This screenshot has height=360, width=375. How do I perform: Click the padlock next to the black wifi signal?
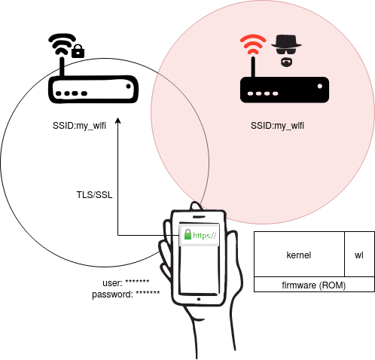click(78, 51)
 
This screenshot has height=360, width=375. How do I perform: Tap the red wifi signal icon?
click(253, 44)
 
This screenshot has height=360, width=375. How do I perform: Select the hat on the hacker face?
click(286, 41)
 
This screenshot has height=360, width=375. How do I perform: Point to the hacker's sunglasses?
click(286, 51)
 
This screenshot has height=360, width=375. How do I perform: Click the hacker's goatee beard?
click(286, 63)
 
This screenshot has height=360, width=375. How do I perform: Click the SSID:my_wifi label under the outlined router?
click(79, 126)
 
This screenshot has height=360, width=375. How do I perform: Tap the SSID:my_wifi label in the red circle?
click(277, 126)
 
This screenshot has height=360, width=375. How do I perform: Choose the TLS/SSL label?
click(94, 195)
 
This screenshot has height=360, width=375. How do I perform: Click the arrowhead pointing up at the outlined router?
click(118, 121)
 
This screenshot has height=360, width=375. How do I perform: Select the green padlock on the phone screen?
click(187, 234)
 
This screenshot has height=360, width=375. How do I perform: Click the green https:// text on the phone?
click(205, 236)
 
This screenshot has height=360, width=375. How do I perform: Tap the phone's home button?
click(199, 299)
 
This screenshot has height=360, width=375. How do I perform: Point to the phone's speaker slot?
click(199, 216)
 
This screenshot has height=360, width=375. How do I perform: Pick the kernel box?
click(299, 254)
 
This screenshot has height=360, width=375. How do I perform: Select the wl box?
click(359, 254)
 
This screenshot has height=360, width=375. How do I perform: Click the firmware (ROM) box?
click(314, 285)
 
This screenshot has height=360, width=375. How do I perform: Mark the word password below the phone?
click(112, 294)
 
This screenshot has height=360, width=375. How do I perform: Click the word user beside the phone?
click(112, 283)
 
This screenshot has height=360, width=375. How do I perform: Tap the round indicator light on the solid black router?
click(320, 87)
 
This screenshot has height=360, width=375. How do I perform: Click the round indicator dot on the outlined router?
click(129, 87)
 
